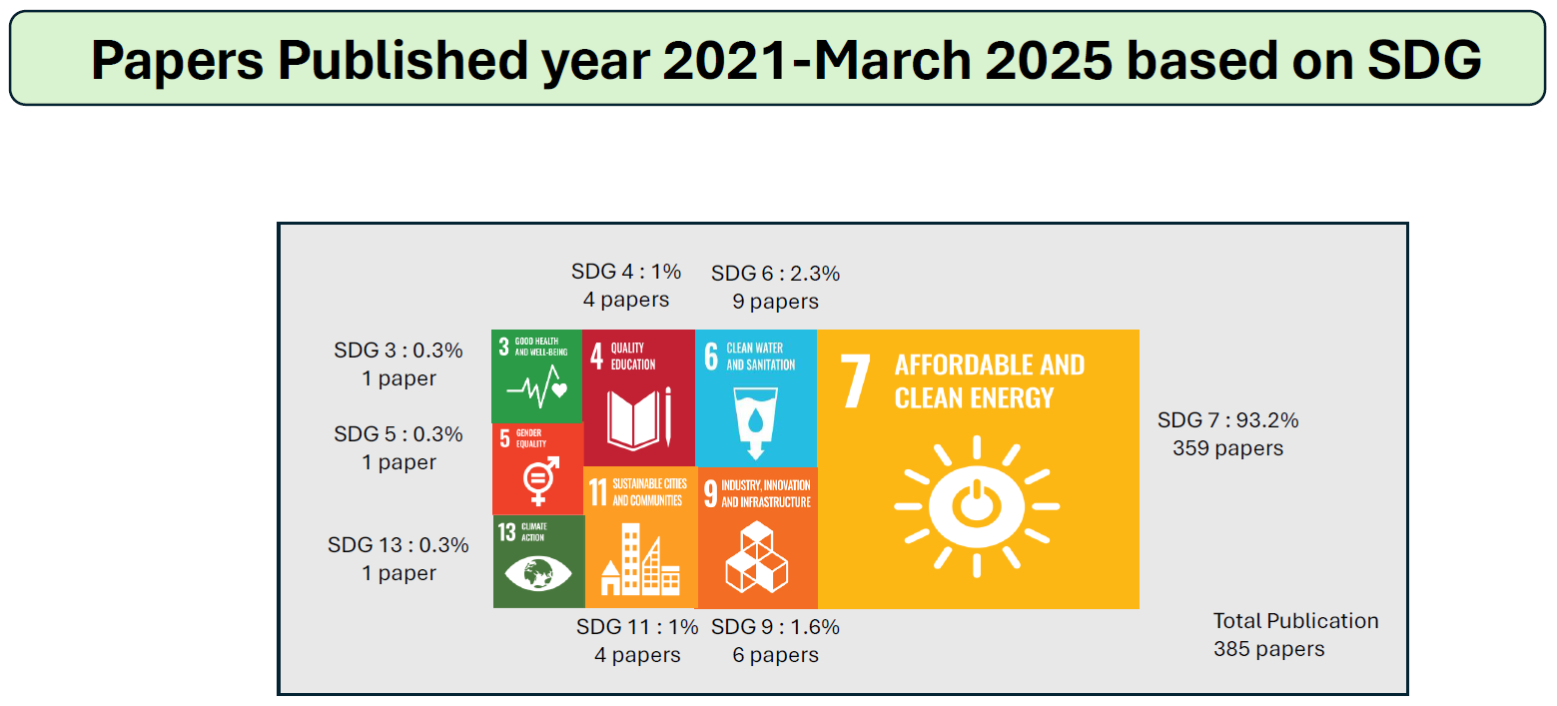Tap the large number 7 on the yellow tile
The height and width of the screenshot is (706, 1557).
857,381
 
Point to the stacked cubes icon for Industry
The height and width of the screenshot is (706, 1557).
756,557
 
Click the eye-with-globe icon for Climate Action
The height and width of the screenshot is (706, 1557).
537,573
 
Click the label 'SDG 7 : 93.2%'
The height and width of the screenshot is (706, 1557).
1227,420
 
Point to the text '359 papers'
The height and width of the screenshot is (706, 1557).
1227,448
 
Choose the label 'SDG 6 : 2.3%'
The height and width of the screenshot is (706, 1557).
775,274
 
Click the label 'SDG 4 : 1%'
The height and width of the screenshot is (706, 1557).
626,271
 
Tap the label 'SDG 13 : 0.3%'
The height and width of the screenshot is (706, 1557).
398,545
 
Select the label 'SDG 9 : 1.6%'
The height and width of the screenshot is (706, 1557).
775,627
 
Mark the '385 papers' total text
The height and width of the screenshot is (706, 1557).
1268,649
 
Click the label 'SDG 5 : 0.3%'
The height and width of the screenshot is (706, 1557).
398,434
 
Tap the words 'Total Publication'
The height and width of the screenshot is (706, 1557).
1295,621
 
